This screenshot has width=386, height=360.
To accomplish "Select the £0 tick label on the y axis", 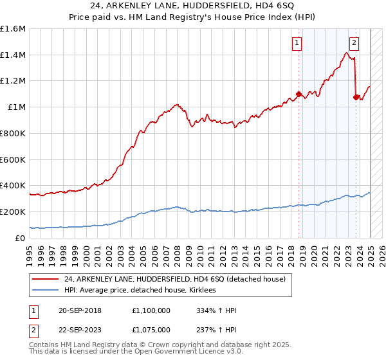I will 21,238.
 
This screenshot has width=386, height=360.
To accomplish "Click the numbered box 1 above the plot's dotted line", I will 297,43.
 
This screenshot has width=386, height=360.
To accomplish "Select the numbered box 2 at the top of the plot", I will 354,43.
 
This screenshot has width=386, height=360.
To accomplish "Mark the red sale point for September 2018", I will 299,94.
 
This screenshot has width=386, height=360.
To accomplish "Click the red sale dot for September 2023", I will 356,98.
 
